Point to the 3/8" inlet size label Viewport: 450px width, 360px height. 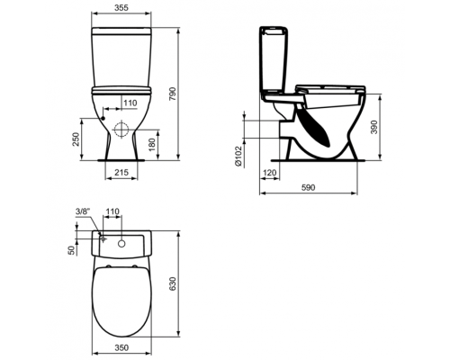[85, 211]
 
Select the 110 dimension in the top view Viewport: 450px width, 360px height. [113, 211]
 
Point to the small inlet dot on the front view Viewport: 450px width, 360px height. [105, 119]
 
